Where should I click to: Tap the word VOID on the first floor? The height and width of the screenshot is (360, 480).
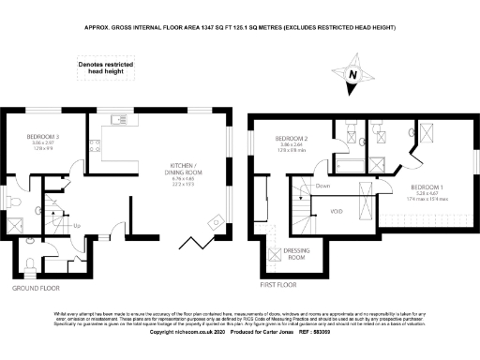pyautogui.click(x=337, y=212)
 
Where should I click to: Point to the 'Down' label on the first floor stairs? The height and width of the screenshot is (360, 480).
pyautogui.click(x=322, y=186)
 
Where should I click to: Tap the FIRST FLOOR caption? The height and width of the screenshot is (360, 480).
pyautogui.click(x=277, y=281)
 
